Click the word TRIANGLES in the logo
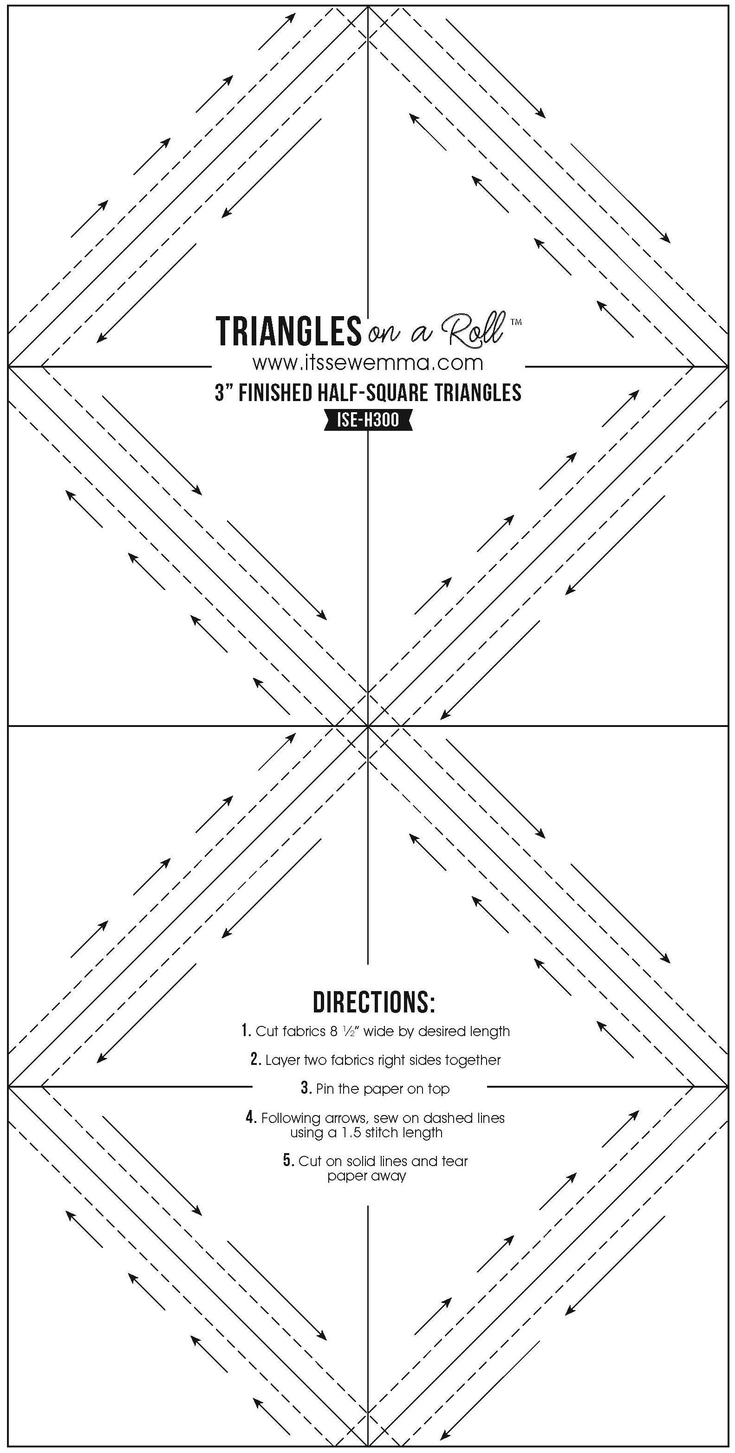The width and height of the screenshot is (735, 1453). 288,331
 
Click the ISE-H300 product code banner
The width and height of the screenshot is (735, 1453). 367,420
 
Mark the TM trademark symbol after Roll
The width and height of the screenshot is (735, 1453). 515,322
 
